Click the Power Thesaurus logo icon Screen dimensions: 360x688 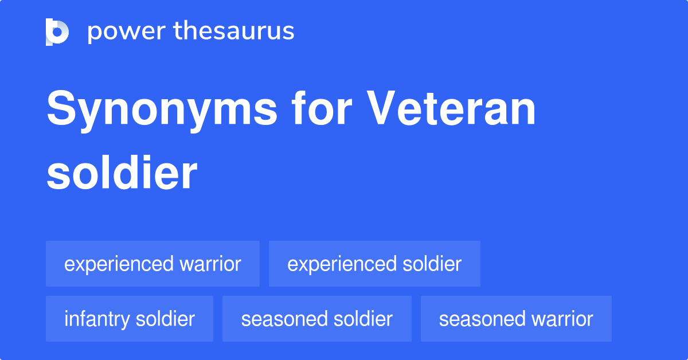[57, 32]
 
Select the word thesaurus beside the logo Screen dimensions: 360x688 [234, 32]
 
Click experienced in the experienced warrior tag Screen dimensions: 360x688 [119, 264]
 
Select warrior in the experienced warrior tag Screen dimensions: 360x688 [210, 264]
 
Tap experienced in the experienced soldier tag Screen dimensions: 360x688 [342, 264]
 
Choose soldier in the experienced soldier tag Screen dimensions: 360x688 [431, 264]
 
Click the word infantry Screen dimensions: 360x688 [97, 319]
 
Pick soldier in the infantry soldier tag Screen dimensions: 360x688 [165, 319]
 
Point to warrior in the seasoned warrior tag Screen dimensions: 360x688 [562, 319]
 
